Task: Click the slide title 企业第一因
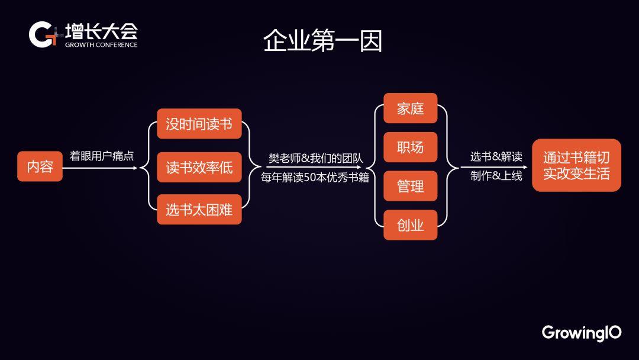pos(322,41)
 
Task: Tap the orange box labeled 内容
pos(40,166)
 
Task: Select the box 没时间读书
pos(199,124)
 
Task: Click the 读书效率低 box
pos(199,167)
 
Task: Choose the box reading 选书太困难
pos(199,210)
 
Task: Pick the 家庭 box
pos(411,108)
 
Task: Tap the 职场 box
pos(411,147)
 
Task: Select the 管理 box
pos(411,186)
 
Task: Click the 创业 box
pos(411,225)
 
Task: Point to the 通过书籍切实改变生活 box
pos(577,165)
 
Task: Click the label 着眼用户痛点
pos(102,156)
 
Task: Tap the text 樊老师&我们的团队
pos(315,158)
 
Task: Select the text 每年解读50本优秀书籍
pos(315,178)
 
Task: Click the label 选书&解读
pos(496,156)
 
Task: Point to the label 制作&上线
pos(496,176)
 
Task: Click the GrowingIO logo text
pos(582,333)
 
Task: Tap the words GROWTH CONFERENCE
pos(101,45)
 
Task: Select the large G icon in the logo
pos(41,35)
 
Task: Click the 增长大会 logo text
pos(102,31)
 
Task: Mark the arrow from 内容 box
pos(100,168)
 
